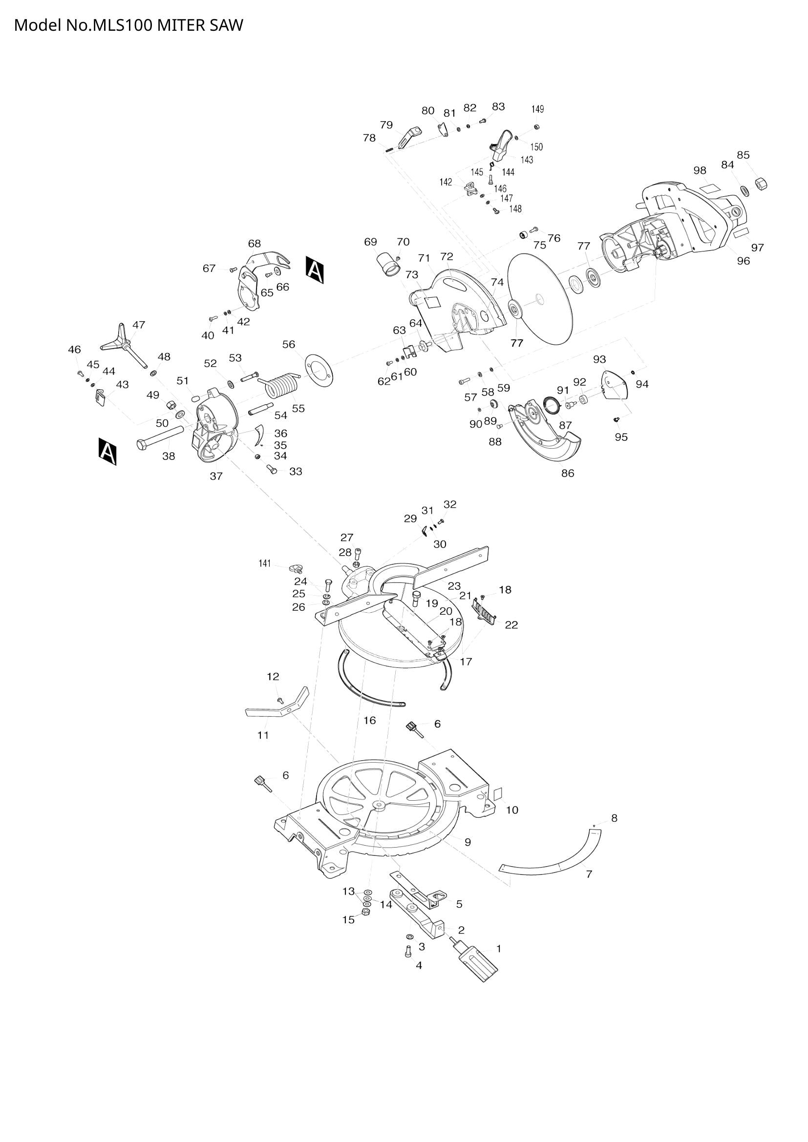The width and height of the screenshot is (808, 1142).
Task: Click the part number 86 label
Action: [x=568, y=473]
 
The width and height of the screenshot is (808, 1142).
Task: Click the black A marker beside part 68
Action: [x=315, y=270]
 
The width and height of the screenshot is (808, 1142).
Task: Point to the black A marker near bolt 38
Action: [x=107, y=452]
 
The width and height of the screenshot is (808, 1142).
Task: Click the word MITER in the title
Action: [x=177, y=25]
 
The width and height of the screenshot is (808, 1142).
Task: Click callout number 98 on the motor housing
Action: [x=700, y=170]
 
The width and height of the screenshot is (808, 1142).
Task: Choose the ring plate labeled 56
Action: [x=319, y=371]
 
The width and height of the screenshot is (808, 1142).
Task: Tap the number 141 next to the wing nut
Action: [x=264, y=563]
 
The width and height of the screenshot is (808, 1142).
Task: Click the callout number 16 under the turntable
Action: [x=370, y=720]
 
